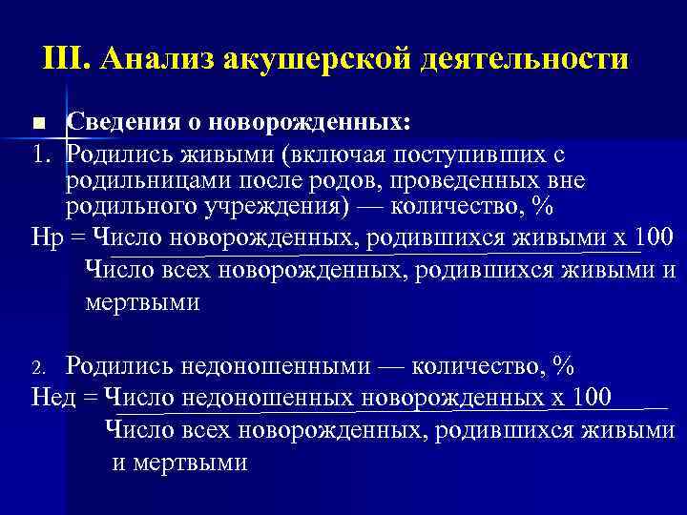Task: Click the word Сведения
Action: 114,123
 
